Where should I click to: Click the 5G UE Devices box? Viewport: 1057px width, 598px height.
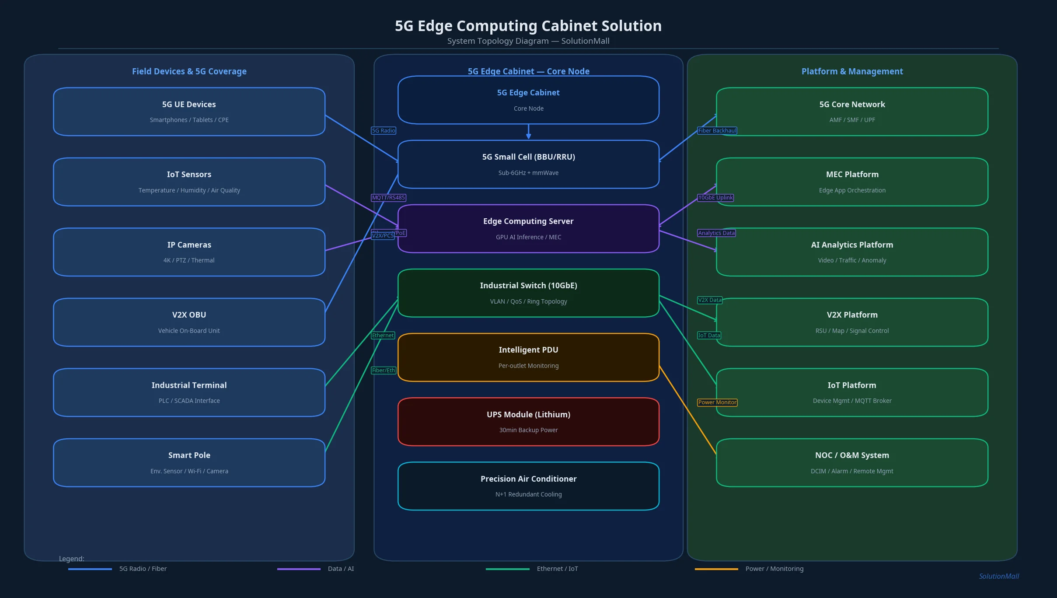point(189,112)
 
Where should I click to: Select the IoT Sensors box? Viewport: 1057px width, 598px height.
point(189,182)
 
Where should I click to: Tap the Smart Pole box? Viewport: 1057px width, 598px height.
point(189,462)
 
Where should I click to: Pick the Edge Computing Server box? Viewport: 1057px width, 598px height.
point(528,228)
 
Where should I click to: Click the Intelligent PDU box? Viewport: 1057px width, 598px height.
point(528,357)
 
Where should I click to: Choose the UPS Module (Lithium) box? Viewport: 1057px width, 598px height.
point(528,421)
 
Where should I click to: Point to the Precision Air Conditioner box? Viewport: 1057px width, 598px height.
point(528,486)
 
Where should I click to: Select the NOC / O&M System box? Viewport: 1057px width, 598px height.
point(852,462)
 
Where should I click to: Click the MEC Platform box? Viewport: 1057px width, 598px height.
point(852,182)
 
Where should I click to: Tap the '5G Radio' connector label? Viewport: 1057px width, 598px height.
point(384,130)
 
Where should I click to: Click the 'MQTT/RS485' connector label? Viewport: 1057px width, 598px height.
point(388,198)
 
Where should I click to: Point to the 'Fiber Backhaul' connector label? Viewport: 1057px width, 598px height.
point(717,130)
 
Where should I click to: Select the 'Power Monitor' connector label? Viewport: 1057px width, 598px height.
point(717,402)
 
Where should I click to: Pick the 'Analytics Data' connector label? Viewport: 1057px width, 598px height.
point(716,233)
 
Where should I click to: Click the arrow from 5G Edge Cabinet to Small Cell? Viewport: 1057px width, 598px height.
point(528,132)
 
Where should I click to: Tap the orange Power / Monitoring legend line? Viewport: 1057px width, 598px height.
point(716,569)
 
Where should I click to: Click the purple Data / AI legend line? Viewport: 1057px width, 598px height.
point(299,569)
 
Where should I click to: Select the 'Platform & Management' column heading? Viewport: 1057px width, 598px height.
point(852,71)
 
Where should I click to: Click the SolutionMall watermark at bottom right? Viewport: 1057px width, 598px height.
point(999,576)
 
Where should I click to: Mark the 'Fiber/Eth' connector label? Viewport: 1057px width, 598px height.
point(384,371)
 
